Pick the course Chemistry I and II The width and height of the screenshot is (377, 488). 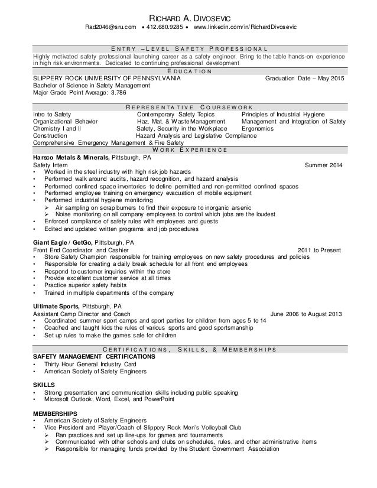[57, 128]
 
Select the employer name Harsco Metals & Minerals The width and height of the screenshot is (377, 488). [70, 158]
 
